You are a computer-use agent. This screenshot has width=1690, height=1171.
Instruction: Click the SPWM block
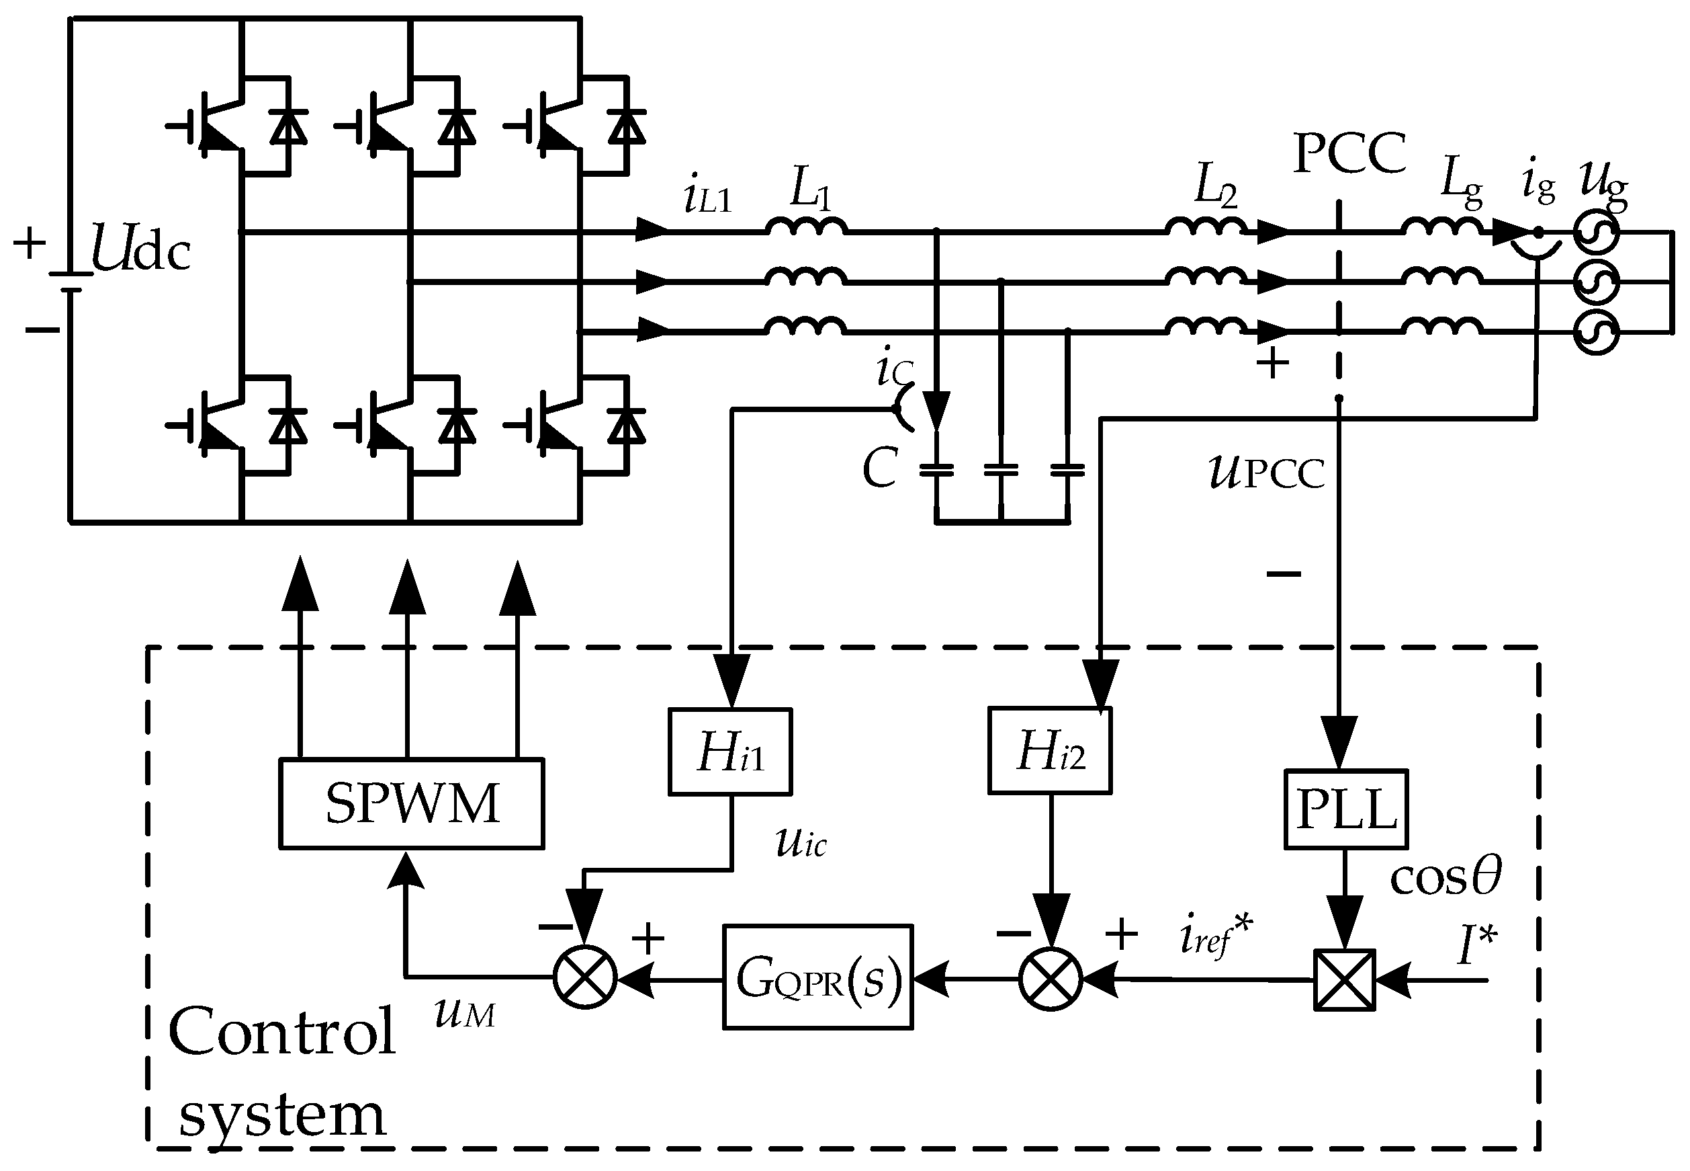(x=411, y=803)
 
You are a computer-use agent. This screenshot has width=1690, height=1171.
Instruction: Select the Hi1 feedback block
(x=729, y=752)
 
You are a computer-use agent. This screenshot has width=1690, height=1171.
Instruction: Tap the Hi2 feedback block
(x=1049, y=751)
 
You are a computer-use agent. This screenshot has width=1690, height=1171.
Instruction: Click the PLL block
(x=1345, y=809)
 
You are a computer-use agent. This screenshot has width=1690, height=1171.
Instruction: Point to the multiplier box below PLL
(x=1344, y=980)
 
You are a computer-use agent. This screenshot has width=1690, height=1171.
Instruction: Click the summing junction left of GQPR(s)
(x=584, y=977)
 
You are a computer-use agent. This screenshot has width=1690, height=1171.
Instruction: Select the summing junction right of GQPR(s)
(x=1050, y=979)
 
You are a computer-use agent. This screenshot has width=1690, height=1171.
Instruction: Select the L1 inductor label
(x=809, y=190)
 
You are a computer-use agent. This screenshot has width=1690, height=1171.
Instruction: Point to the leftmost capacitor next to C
(x=936, y=471)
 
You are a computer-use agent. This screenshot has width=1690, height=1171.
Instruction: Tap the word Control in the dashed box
(x=281, y=1032)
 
